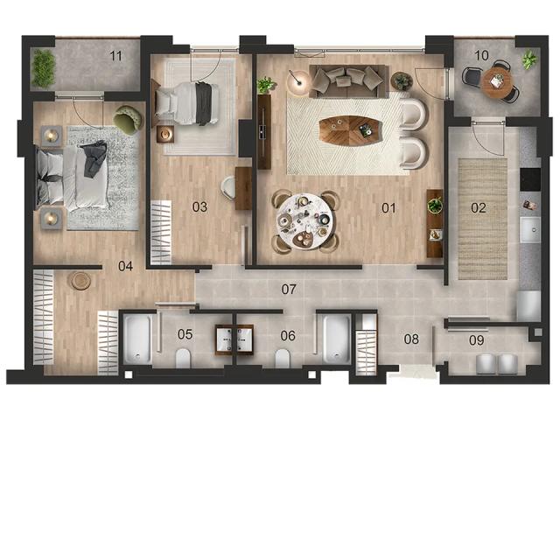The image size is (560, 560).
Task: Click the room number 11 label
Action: (115, 56)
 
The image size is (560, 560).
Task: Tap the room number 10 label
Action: (481, 55)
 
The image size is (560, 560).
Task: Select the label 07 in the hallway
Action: (289, 290)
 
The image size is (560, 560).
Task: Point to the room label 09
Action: (476, 340)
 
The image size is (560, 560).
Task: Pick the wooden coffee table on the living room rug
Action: (350, 130)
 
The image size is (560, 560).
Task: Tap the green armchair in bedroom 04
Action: (129, 120)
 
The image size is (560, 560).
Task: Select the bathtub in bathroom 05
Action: (137, 339)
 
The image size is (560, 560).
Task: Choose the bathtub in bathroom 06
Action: (336, 339)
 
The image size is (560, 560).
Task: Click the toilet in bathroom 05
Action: (183, 358)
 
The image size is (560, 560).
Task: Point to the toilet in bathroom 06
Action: (282, 358)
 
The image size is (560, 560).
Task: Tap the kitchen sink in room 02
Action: (530, 230)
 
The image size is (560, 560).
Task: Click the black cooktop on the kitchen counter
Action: (530, 179)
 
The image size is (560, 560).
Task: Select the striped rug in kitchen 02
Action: (482, 219)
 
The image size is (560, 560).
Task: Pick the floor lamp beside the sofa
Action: (298, 81)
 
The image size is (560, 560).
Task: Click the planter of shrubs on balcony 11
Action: (43, 68)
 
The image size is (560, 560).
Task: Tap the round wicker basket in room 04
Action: (80, 281)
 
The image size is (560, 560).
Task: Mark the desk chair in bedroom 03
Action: (227, 187)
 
